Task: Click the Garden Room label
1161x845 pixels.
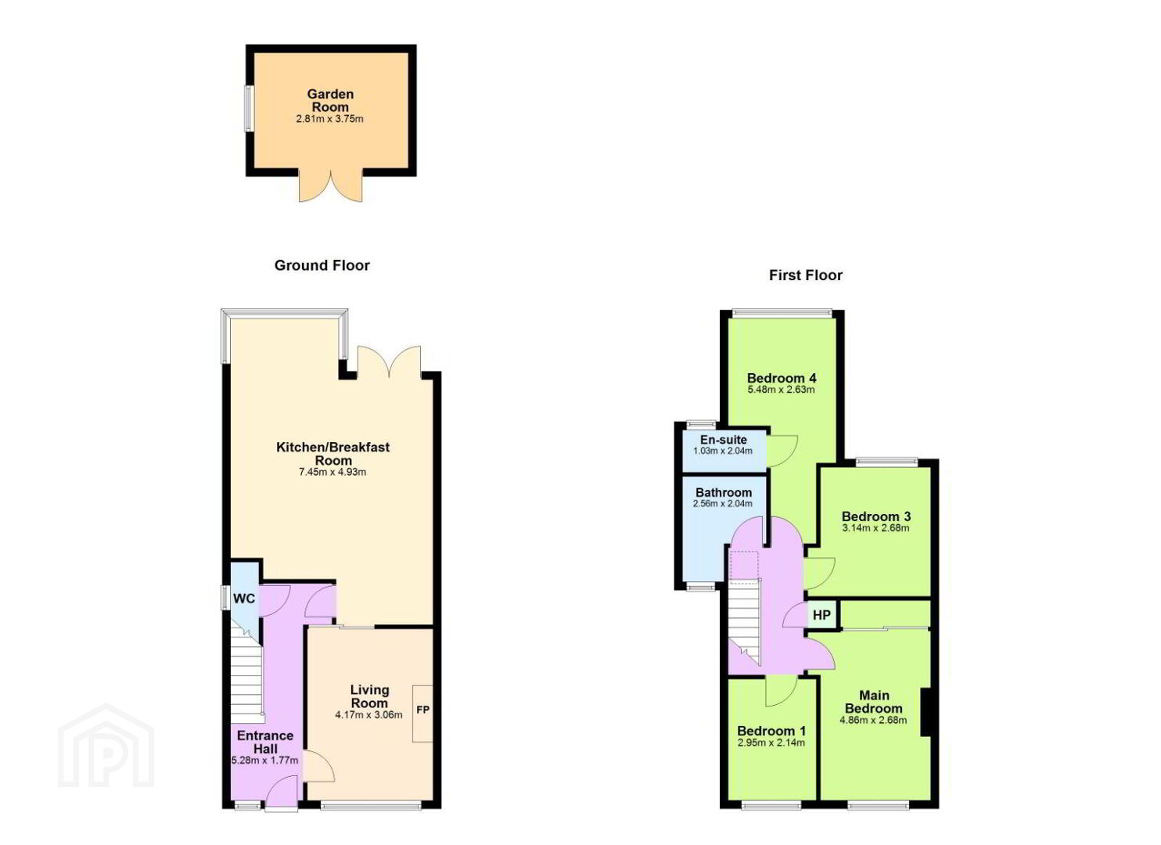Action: [x=330, y=101]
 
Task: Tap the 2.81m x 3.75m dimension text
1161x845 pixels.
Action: [x=329, y=119]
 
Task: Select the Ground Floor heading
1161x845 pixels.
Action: [x=322, y=265]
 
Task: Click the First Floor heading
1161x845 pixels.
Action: [x=806, y=275]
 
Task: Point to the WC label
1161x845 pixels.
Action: [x=244, y=599]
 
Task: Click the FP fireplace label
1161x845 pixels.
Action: [x=423, y=710]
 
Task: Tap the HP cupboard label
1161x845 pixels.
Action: [x=821, y=615]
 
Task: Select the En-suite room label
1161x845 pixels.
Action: [x=724, y=440]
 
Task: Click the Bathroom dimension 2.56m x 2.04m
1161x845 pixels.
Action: [x=723, y=503]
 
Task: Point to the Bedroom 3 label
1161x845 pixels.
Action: [x=876, y=516]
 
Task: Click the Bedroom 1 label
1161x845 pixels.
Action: [x=771, y=731]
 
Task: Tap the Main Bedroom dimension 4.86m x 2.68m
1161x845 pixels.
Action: [x=873, y=720]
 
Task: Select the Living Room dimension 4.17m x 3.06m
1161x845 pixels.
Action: [x=369, y=715]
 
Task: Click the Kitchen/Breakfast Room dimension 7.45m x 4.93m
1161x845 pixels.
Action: [x=332, y=473]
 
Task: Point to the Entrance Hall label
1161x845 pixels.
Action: [x=265, y=742]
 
